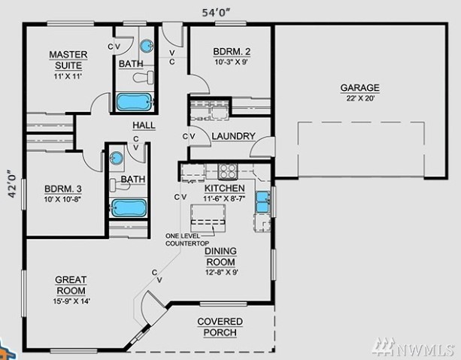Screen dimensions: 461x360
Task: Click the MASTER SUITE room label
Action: point(68,60)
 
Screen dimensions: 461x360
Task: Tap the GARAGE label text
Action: point(360,88)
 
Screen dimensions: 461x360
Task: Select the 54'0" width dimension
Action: point(216,13)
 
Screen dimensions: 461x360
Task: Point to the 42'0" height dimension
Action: point(12,183)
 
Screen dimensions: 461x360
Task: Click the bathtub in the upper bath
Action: point(135,101)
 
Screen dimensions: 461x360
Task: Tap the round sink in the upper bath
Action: point(146,46)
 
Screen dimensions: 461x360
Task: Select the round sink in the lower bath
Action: point(117,158)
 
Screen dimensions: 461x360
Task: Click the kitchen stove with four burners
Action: point(227,171)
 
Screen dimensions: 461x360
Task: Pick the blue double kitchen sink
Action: point(262,201)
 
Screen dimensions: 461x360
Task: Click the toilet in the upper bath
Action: point(144,77)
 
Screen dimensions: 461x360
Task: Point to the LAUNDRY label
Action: point(233,136)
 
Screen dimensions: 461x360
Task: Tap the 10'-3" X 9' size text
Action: point(232,62)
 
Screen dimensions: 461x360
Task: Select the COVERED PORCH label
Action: point(220,327)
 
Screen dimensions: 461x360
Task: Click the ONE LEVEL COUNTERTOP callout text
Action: point(187,240)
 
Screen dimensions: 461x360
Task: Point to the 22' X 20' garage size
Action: point(360,98)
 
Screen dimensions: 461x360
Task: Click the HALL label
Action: point(144,126)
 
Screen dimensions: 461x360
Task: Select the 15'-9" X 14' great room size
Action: point(71,301)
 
